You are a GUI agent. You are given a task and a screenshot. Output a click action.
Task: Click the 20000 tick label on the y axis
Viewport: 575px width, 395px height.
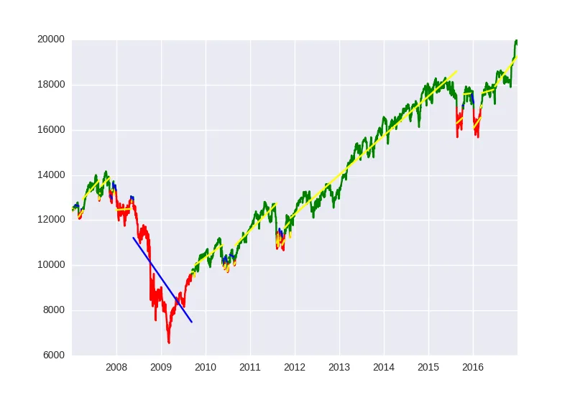click(51, 39)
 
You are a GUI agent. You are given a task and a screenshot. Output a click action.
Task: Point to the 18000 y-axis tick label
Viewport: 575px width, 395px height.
click(51, 85)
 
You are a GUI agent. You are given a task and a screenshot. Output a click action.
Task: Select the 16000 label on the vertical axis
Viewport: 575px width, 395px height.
click(51, 130)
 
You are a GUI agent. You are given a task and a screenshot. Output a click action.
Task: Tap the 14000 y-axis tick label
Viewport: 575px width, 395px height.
click(51, 175)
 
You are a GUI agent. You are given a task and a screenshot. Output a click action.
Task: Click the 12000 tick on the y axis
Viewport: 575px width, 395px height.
click(51, 220)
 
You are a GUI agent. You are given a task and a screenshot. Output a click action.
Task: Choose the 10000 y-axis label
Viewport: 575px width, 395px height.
click(51, 265)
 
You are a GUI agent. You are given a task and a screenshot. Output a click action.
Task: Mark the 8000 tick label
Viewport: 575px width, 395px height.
click(53, 310)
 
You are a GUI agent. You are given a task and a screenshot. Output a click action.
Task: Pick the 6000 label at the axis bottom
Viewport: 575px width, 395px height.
click(53, 355)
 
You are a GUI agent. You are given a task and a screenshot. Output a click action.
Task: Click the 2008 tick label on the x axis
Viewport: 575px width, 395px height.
click(116, 368)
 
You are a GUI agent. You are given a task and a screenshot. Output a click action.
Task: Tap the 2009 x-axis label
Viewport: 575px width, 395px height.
click(161, 368)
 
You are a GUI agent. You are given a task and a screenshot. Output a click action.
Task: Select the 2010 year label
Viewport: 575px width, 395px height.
click(206, 368)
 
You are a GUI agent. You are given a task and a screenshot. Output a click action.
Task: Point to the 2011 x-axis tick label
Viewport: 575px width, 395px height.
click(250, 368)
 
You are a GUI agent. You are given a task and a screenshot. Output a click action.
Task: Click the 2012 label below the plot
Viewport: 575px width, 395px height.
click(295, 368)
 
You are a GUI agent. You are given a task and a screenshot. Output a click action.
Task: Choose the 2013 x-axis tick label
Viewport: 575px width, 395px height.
click(339, 368)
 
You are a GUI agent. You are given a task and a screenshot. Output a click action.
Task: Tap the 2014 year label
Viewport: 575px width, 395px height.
click(384, 368)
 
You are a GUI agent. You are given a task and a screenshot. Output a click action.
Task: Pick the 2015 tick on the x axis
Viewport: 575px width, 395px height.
click(428, 368)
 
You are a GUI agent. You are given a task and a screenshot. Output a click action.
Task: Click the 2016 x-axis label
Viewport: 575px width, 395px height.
click(473, 368)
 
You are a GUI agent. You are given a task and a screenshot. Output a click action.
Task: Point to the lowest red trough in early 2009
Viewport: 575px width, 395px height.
click(169, 342)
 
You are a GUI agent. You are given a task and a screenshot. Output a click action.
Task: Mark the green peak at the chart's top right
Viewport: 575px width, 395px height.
click(515, 41)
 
